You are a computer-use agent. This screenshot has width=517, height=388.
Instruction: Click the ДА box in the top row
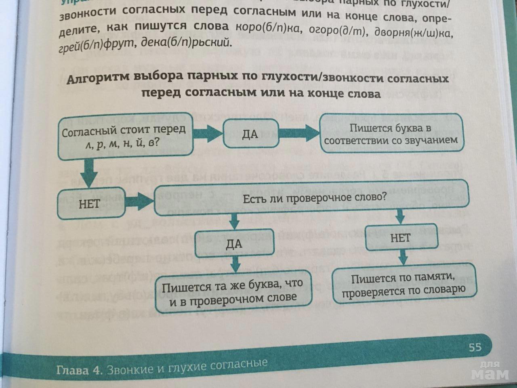pos(250,134)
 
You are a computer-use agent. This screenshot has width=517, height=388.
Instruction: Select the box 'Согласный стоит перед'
pos(125,136)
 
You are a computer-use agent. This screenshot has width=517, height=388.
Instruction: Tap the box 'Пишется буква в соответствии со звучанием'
pos(391,134)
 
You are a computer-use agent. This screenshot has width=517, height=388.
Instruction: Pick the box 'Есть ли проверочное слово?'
pos(311,199)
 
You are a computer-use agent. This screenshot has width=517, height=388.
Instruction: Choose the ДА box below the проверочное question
pos(234,244)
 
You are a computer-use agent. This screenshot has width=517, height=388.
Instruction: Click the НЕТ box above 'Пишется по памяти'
pos(401,238)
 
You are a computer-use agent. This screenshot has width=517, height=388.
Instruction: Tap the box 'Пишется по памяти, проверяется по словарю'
pos(404,284)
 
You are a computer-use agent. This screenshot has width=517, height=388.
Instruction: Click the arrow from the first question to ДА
pos(208,133)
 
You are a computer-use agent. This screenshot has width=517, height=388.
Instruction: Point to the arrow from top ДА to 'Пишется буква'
pos(299,133)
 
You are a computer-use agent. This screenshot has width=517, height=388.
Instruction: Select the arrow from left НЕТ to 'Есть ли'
pos(139,200)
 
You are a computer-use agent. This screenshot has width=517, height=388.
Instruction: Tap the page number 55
pos(475,347)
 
